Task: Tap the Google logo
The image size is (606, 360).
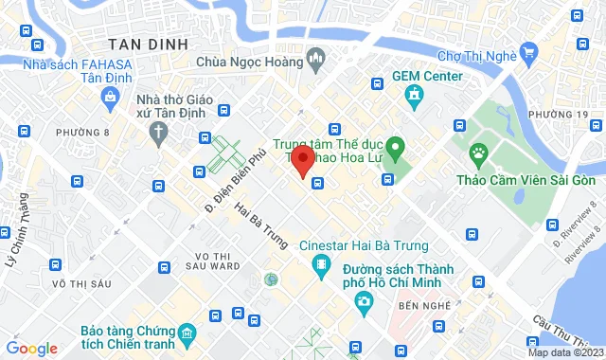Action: [31, 349]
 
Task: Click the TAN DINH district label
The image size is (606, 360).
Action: [148, 44]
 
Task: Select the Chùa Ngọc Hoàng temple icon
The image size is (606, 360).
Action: [315, 63]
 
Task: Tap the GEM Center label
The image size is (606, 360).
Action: [429, 77]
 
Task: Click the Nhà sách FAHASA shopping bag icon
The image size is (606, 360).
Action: [111, 96]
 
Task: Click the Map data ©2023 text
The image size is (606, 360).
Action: [562, 352]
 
